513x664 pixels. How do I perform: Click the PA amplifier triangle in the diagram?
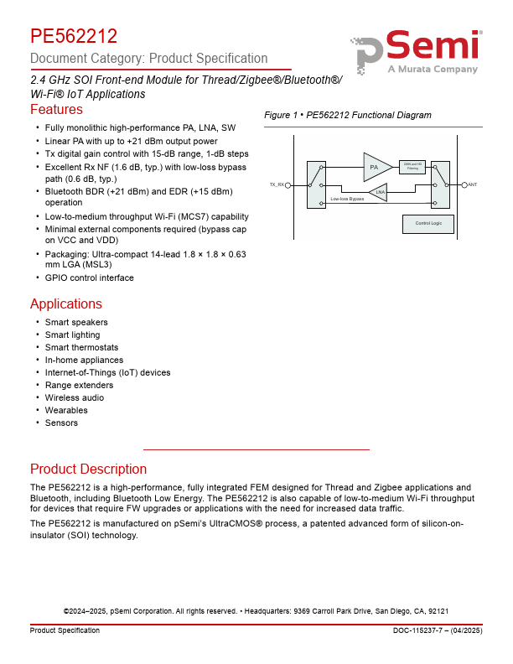(376, 167)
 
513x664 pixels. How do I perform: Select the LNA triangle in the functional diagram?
(380, 192)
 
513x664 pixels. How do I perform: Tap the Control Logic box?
(428, 223)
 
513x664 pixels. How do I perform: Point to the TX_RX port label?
(276, 184)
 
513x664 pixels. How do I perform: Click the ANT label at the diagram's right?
(473, 184)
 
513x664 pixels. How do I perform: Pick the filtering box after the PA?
(413, 166)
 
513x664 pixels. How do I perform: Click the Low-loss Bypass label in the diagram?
(347, 199)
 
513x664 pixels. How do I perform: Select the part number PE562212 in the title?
(74, 36)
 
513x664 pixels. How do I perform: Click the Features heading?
(56, 110)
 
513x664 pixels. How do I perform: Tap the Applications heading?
(66, 303)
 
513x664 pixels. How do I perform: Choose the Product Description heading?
(88, 469)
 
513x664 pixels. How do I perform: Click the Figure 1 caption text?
(347, 115)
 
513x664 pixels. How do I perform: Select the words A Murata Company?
(432, 70)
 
